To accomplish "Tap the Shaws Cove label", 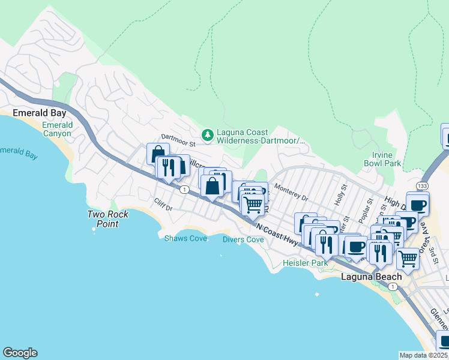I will [185, 238].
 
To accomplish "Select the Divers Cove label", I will [243, 239].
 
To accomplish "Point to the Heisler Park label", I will [306, 263].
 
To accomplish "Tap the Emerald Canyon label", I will [57, 129].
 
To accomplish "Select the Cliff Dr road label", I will [163, 205].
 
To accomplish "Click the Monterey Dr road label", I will [291, 193].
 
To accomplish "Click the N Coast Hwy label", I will [277, 233].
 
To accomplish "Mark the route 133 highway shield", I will [423, 187].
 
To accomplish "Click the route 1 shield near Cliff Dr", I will [184, 190].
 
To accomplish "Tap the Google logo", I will [20, 353].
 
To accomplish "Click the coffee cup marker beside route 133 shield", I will [417, 204].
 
